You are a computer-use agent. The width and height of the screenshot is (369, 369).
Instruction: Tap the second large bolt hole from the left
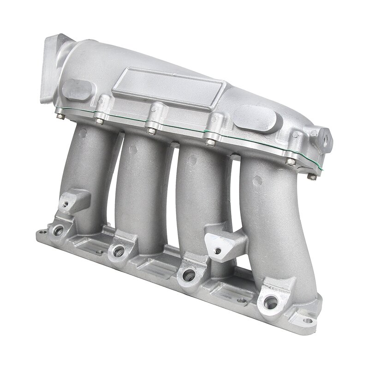point(119,251)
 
